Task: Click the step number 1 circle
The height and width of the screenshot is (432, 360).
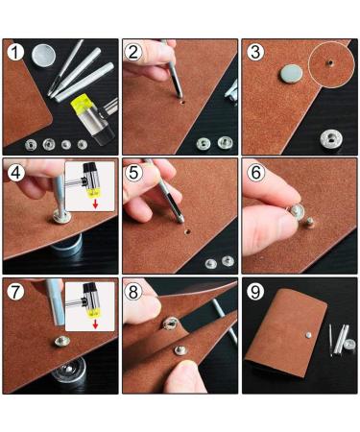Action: coord(16,52)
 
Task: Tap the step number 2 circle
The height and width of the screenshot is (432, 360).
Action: coord(135,52)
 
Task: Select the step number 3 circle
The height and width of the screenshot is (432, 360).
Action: coord(254,52)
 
